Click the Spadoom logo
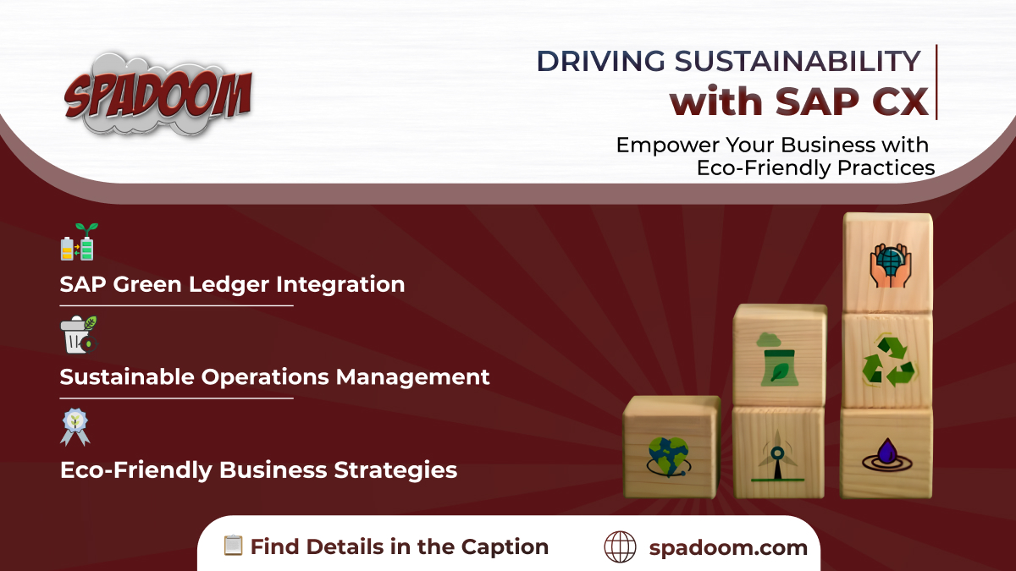(x=158, y=94)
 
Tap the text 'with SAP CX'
(x=798, y=102)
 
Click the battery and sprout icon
(x=78, y=243)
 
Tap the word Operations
(x=262, y=376)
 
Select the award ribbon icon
(x=75, y=426)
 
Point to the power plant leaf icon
(x=776, y=362)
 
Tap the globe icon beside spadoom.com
(x=620, y=547)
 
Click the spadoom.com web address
(x=728, y=547)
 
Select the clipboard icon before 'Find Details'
(x=233, y=546)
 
